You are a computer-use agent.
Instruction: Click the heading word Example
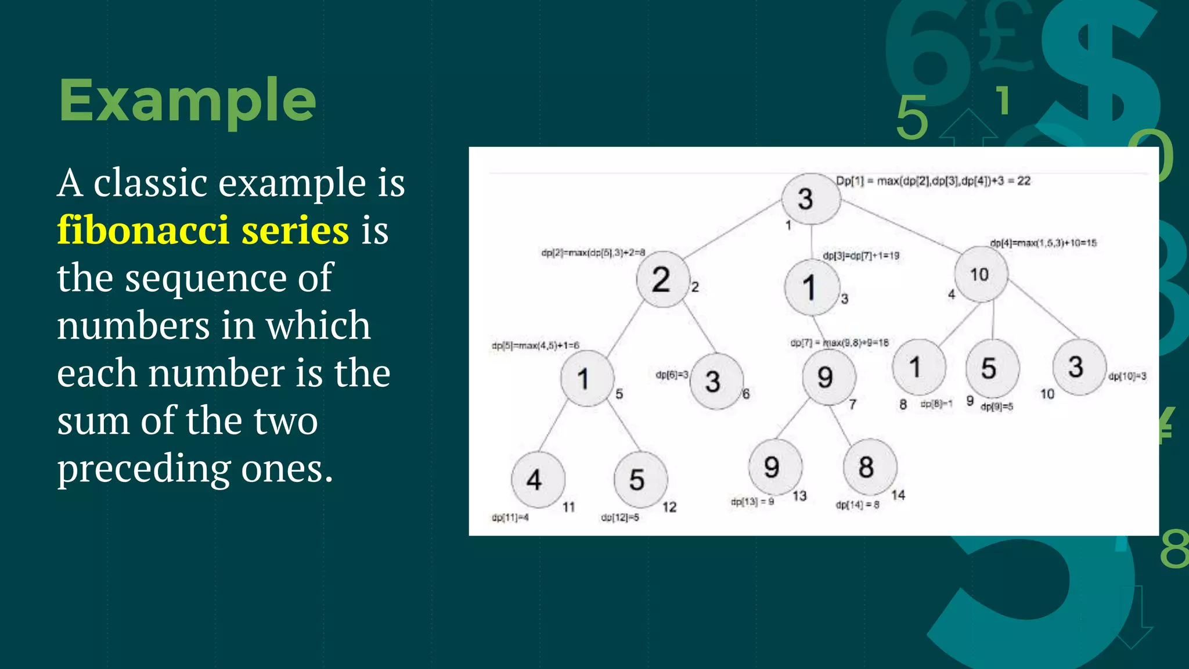tap(187, 102)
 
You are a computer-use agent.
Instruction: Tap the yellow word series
tap(295, 231)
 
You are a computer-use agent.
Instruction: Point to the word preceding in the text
tap(143, 469)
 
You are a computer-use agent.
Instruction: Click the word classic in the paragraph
tap(150, 183)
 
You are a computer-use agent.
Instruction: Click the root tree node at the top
tap(810, 199)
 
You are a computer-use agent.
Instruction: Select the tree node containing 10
tap(981, 275)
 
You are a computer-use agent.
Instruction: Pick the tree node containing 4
tap(537, 480)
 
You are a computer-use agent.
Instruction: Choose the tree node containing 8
tap(869, 467)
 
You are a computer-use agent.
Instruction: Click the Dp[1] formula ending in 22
tap(933, 181)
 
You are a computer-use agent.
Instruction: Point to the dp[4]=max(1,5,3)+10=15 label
tap(1043, 243)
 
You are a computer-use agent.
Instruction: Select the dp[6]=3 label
tap(671, 375)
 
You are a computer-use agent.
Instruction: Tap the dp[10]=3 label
tap(1127, 376)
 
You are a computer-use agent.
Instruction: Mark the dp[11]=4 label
tap(510, 517)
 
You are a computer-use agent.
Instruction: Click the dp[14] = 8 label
tap(857, 505)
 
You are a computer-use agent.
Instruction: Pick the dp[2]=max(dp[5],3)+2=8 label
tap(593, 253)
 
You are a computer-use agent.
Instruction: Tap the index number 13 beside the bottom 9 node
tap(799, 496)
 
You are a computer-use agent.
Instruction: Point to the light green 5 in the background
tap(912, 118)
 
